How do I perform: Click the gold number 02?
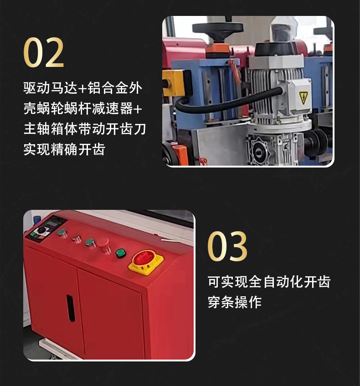(44, 52)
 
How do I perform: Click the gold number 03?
(227, 246)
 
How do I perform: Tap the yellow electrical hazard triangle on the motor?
(303, 97)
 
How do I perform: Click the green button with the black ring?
(121, 253)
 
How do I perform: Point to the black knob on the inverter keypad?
(41, 230)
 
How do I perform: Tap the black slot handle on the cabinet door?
(71, 308)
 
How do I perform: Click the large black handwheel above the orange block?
(218, 29)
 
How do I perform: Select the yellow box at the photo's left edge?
(174, 83)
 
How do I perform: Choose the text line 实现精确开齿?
(64, 149)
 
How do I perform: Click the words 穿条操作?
(235, 302)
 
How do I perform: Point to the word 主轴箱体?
(51, 129)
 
